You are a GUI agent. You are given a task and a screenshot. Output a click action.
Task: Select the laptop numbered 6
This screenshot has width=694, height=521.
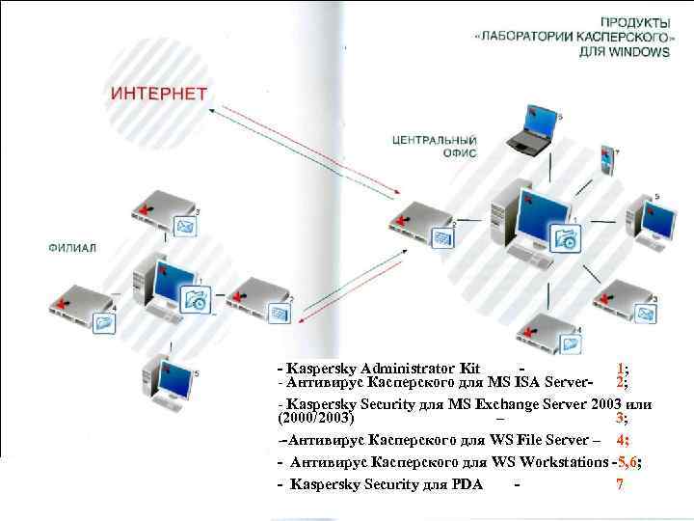pos(531,130)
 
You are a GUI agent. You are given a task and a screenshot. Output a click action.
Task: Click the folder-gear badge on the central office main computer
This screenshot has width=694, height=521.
pos(566,238)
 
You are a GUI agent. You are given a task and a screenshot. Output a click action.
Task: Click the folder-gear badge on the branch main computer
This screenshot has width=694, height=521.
pos(197,299)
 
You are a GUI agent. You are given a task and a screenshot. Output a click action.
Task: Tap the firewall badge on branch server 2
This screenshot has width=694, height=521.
pos(276,313)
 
